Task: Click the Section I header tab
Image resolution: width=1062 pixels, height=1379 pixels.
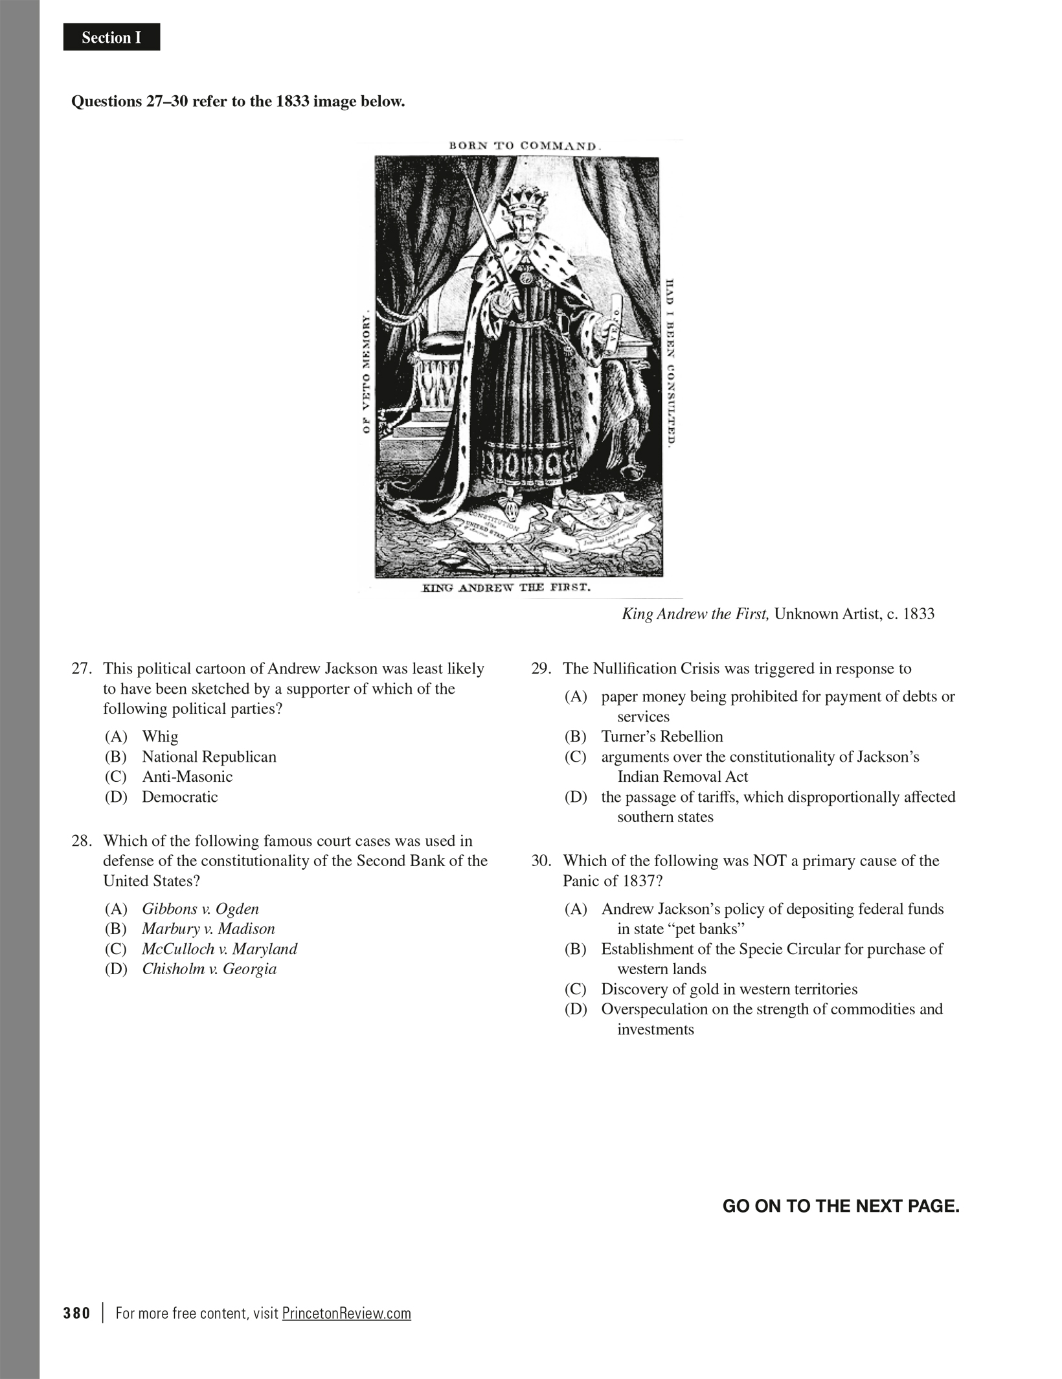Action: [x=111, y=38]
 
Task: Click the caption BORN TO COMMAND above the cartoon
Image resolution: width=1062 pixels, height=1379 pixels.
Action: [x=525, y=146]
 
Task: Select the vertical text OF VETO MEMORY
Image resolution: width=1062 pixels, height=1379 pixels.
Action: [x=366, y=372]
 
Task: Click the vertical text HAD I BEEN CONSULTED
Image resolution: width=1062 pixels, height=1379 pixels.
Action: [x=671, y=363]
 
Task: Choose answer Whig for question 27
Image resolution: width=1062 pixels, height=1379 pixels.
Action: [x=160, y=736]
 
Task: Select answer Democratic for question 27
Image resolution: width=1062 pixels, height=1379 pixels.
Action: [x=179, y=797]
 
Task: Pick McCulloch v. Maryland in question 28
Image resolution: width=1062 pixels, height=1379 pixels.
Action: [x=219, y=949]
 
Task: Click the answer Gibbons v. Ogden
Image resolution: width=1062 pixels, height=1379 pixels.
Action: [x=200, y=909]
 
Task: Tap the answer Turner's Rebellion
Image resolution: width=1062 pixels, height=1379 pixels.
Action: [x=661, y=736]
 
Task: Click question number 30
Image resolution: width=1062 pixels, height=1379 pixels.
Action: [x=540, y=861]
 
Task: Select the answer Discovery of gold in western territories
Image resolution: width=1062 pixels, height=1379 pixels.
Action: [x=729, y=989]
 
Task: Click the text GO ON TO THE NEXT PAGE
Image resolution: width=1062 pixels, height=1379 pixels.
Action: [x=841, y=1206]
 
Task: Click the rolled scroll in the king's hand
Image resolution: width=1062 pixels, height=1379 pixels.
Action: [x=618, y=317]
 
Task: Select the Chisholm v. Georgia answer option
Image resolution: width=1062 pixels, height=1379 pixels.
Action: [x=209, y=969]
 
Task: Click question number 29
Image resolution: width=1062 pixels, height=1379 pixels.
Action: [x=540, y=669]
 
